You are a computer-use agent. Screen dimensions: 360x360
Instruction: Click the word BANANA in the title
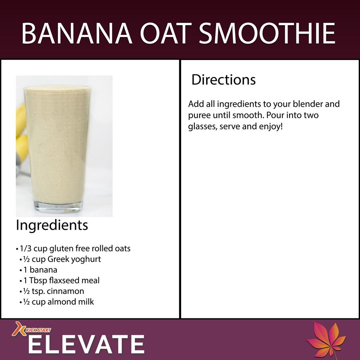click(77, 33)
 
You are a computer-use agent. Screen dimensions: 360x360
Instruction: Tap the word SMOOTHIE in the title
click(267, 33)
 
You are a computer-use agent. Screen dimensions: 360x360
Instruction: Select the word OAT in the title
click(166, 33)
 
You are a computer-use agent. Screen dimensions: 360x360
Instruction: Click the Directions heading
click(223, 80)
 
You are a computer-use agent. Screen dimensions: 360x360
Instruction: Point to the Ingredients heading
click(52, 226)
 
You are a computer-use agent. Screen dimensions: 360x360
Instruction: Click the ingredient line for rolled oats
click(73, 248)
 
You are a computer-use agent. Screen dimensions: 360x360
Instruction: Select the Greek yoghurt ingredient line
click(60, 259)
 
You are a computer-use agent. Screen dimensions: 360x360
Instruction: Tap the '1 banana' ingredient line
click(38, 270)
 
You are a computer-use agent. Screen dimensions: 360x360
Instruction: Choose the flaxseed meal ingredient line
click(60, 280)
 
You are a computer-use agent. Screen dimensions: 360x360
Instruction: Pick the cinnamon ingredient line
click(52, 291)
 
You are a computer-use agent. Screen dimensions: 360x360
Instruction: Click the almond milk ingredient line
click(57, 302)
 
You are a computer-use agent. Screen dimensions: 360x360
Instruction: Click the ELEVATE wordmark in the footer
click(86, 344)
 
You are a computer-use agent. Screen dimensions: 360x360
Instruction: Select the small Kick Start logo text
click(38, 330)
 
